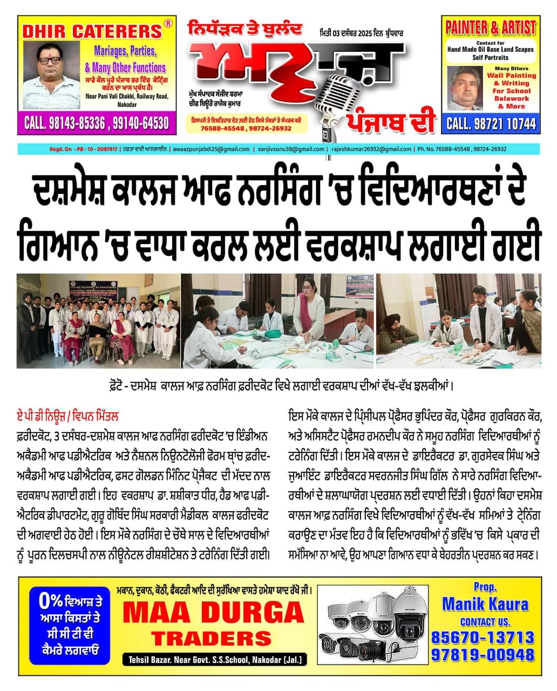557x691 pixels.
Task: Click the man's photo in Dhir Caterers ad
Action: [50, 69]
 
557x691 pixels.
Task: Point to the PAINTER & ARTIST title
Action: [490, 28]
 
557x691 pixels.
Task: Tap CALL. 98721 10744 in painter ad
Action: [491, 124]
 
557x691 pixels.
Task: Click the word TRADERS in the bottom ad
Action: [211, 639]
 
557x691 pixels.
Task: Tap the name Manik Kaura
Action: [485, 604]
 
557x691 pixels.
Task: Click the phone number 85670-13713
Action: [483, 638]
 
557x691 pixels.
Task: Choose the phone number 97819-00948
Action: [483, 654]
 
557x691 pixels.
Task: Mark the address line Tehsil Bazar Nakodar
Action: [214, 659]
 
